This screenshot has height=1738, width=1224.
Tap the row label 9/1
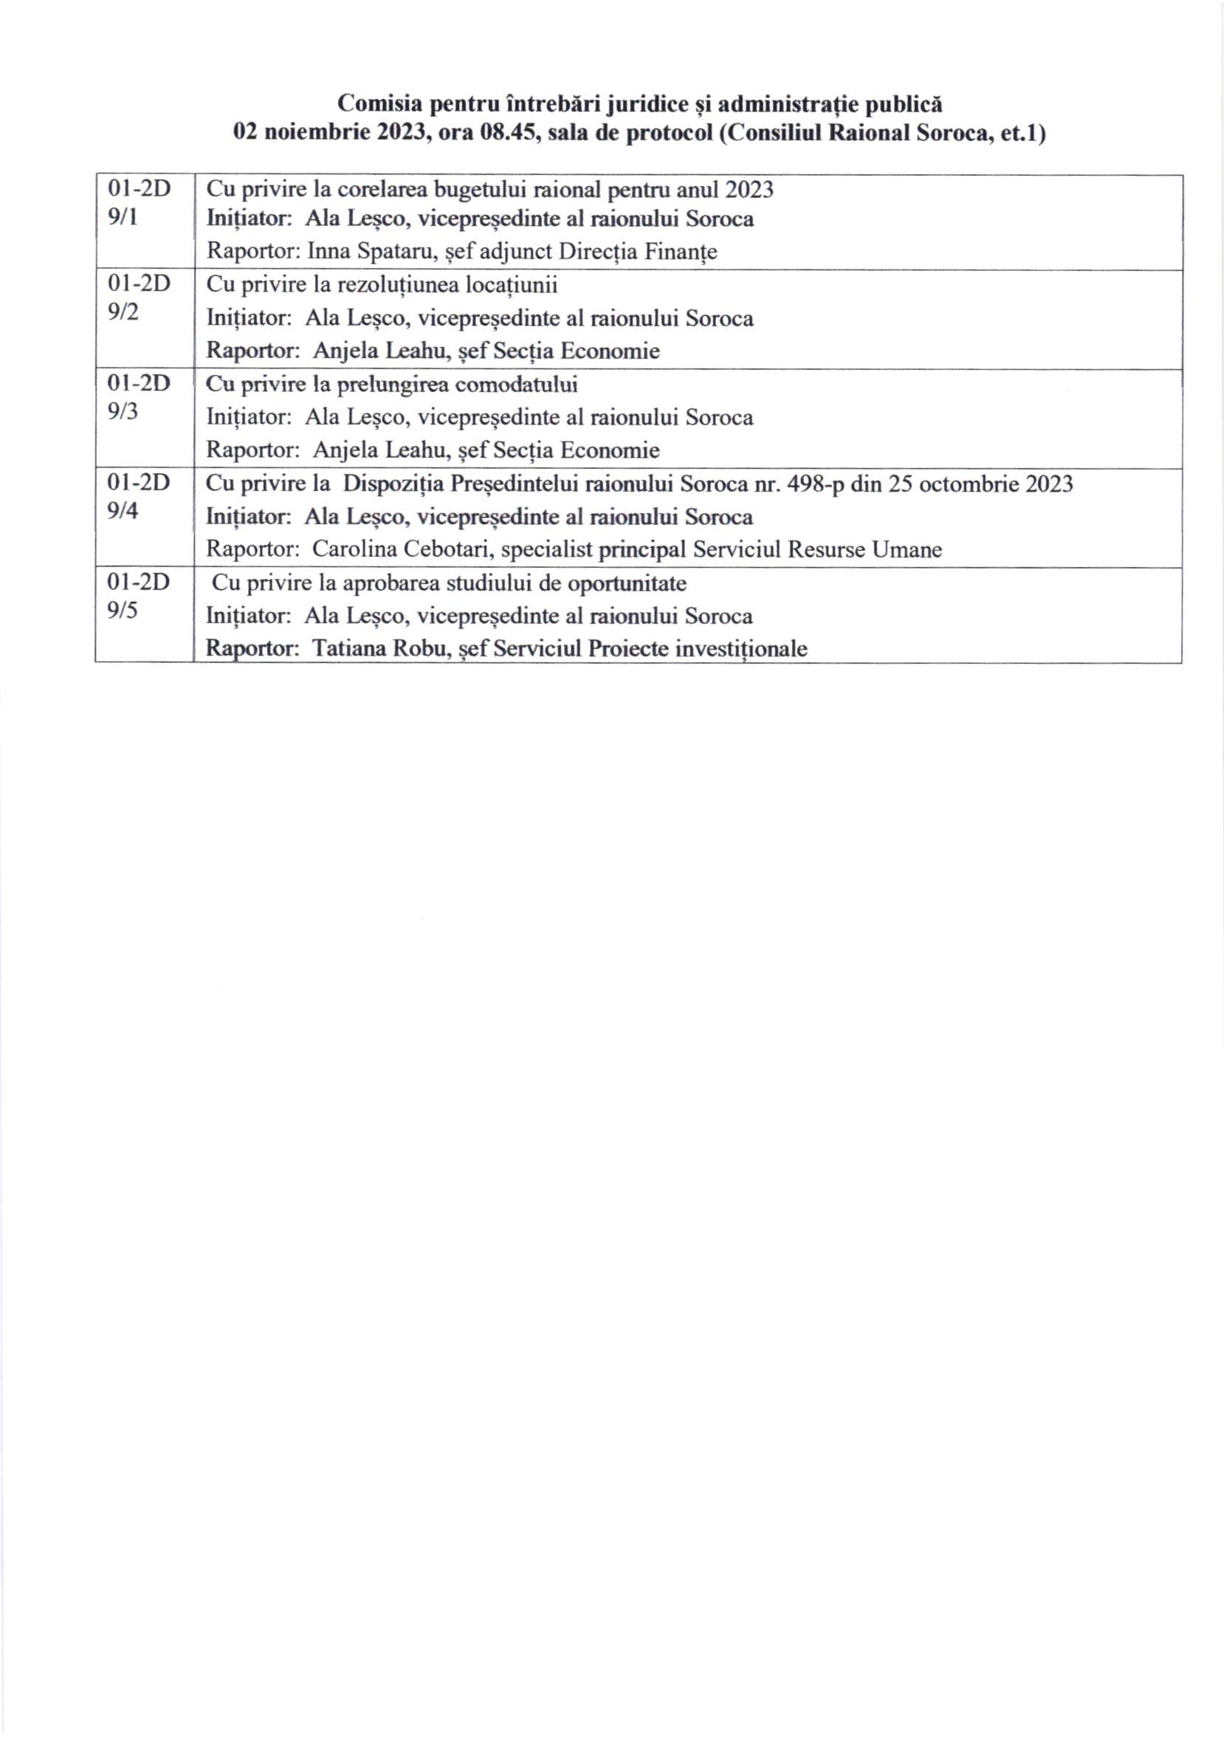click(123, 219)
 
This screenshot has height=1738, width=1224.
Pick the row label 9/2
click(123, 312)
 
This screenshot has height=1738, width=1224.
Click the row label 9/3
click(123, 413)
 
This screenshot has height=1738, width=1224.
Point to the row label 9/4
click(123, 511)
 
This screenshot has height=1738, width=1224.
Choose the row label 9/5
click(123, 610)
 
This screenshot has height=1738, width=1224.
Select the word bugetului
click(475, 189)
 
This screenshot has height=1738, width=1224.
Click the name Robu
click(416, 649)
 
